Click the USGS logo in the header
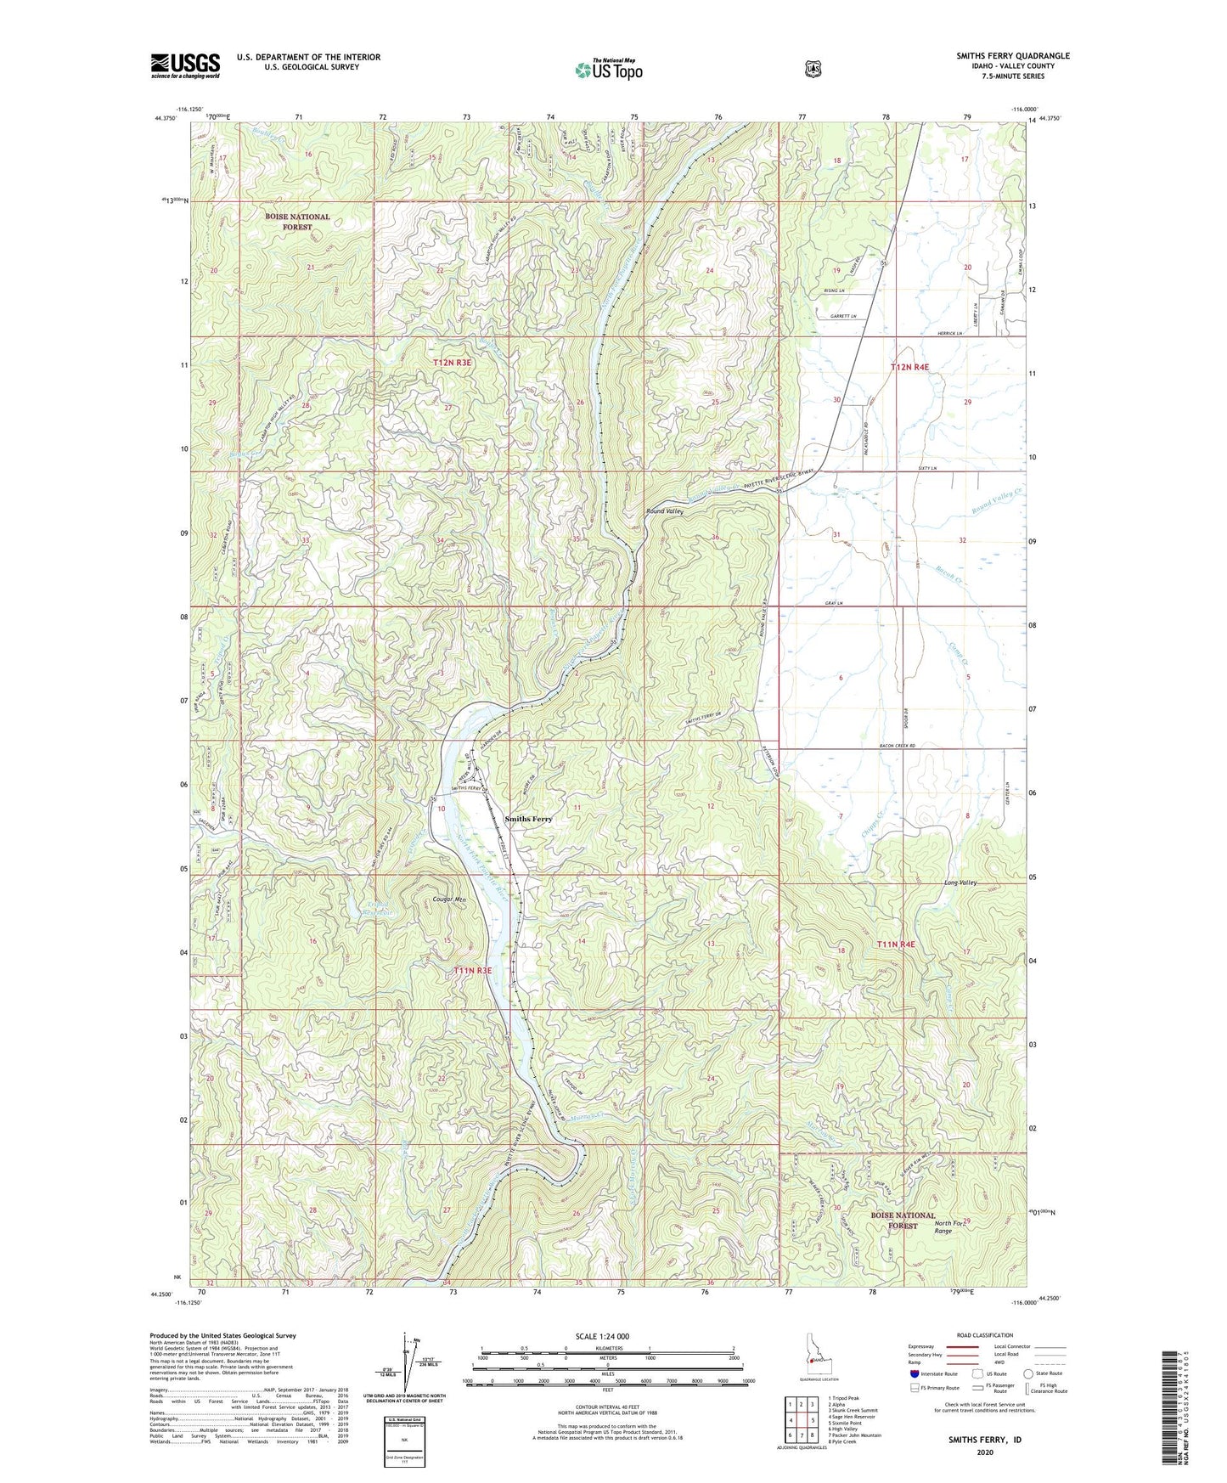185,65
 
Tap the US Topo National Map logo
607,70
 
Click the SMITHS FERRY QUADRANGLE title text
1012,56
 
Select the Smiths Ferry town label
528,819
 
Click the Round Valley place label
664,512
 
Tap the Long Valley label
960,882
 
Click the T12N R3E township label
452,363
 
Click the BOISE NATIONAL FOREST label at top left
297,222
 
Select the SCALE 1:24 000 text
602,1336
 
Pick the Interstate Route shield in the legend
914,1373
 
